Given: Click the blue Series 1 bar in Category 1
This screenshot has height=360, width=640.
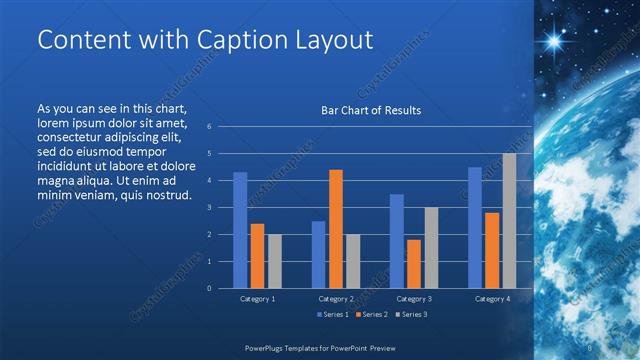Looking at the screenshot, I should tap(240, 230).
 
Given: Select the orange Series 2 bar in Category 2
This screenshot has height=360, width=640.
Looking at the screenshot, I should tap(336, 229).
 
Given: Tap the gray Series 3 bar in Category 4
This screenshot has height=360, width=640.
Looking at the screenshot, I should tap(509, 221).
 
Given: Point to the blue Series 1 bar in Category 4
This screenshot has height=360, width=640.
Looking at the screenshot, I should tap(475, 228).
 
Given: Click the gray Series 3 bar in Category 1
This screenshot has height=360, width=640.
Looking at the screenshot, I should tap(274, 261).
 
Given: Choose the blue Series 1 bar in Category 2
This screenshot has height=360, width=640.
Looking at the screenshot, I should tap(318, 255).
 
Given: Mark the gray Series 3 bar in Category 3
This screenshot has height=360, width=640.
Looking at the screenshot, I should tap(431, 248).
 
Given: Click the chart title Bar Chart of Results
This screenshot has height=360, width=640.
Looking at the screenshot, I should tap(370, 110).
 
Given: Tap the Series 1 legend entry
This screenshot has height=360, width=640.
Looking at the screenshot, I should tap(333, 315).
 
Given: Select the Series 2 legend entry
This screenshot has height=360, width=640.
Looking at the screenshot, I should tap(372, 315).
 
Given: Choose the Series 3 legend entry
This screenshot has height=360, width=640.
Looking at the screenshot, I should tap(411, 315).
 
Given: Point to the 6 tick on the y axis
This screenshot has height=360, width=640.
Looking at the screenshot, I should tap(209, 127).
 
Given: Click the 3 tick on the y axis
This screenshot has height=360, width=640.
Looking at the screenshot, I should tap(209, 207).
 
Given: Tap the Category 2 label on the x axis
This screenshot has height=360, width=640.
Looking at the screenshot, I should tap(336, 299).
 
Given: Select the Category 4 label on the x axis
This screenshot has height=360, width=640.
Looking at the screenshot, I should tap(491, 299).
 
